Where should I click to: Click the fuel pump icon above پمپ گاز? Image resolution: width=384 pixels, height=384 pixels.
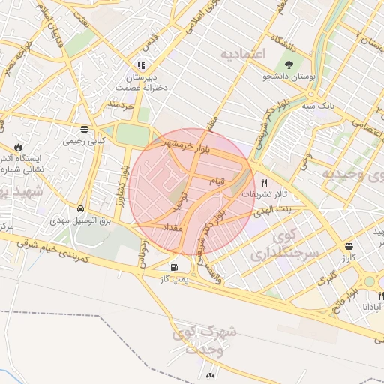(175, 266)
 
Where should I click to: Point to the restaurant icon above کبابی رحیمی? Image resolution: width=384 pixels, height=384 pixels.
(93, 128)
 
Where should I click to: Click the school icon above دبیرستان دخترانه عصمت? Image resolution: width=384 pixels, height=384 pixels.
(141, 65)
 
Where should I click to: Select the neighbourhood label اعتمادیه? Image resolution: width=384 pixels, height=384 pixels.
(244, 54)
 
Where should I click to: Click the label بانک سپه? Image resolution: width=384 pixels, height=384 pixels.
(318, 106)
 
